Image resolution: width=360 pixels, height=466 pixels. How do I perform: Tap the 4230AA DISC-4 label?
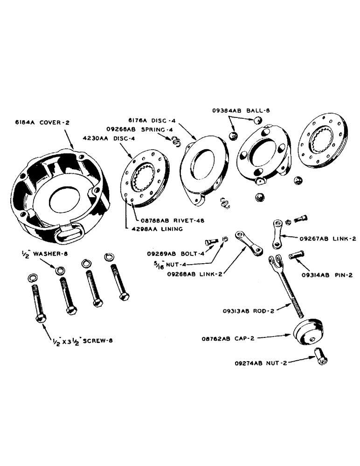point(104,137)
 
